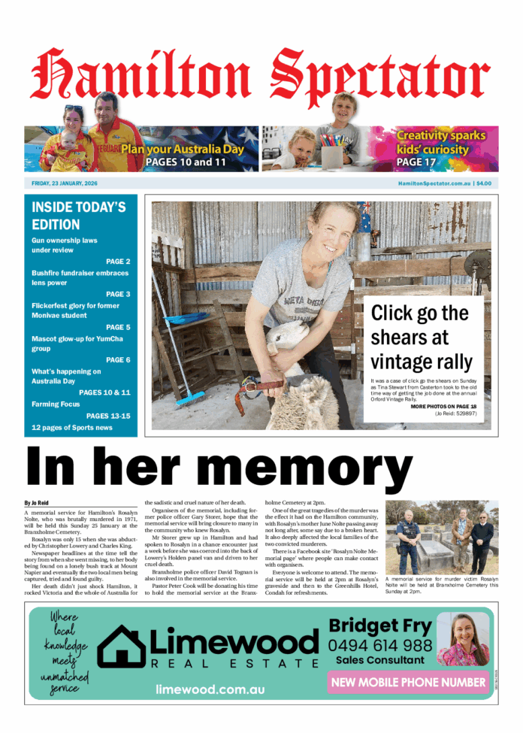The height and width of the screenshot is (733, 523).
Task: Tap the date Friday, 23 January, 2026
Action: tap(65, 183)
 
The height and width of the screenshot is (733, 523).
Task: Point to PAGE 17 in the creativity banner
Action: tap(420, 162)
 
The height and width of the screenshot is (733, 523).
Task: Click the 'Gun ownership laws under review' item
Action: tap(64, 245)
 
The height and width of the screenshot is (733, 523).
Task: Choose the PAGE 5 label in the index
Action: tap(118, 327)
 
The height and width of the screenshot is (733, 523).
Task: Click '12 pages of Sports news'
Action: tap(72, 428)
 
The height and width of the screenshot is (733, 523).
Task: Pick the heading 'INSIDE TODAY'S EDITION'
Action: tap(78, 215)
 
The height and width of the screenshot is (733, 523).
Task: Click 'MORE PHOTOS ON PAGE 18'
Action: tap(443, 406)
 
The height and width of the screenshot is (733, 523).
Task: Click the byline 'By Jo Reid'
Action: tap(35, 502)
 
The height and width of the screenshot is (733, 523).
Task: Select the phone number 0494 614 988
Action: tap(379, 645)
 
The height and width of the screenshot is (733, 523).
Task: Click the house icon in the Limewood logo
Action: tap(122, 647)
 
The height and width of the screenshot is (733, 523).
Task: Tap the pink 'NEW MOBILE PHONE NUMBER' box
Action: tap(408, 682)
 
